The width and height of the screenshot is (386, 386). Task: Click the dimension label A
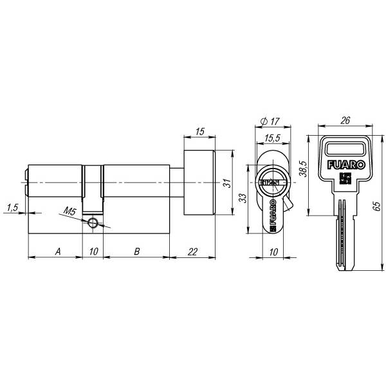pos(58,252)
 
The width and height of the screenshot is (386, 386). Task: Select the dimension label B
pos(137,252)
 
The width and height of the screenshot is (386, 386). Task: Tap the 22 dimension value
pos(192,252)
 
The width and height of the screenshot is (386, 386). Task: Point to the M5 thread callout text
pos(70,211)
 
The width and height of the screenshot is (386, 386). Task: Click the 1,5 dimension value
pos(13,208)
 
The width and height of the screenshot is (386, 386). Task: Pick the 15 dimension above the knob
pos(200,131)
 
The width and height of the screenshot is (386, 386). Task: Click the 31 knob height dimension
pos(228,183)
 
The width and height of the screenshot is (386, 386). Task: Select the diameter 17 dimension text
pos(270,121)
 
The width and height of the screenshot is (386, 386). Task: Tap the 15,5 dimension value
pos(273,138)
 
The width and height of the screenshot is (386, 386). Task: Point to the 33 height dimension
pos(243,198)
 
